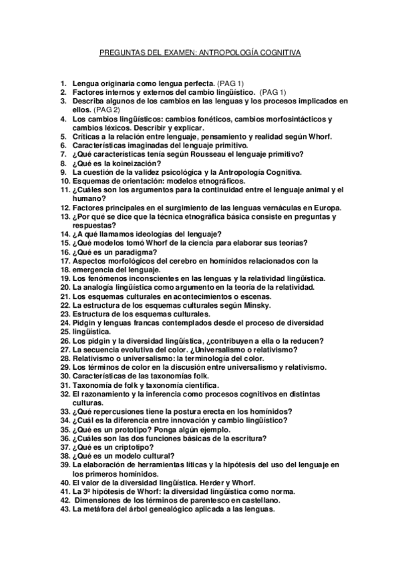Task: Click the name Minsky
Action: pyautogui.click(x=254, y=305)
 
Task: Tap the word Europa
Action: pyautogui.click(x=327, y=207)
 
